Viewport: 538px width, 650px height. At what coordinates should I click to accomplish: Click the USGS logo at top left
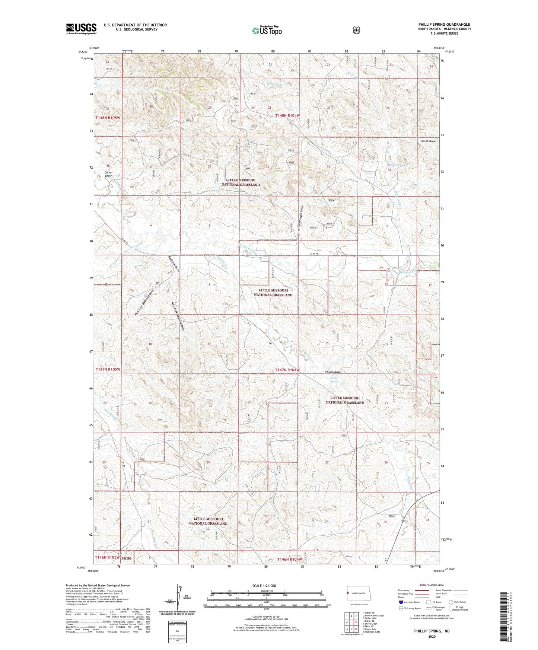(81, 29)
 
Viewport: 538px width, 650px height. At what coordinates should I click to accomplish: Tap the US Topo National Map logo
(266, 31)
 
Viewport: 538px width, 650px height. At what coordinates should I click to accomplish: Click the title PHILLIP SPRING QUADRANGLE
(444, 25)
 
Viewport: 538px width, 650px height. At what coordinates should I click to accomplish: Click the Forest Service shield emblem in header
(356, 30)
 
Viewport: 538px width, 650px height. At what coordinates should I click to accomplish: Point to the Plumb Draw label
(428, 141)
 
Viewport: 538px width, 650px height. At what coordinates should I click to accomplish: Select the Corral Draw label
(108, 174)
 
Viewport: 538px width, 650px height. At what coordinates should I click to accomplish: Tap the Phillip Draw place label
(333, 372)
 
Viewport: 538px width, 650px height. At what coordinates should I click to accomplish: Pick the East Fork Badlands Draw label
(144, 303)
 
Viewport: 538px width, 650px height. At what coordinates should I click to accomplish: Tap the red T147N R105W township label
(108, 369)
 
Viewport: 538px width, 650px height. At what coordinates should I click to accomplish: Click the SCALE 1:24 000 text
(264, 586)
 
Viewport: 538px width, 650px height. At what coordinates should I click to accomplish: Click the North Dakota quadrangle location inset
(356, 594)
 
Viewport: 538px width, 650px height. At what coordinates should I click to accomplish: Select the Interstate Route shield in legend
(401, 602)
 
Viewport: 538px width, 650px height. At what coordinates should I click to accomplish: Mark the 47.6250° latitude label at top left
(83, 52)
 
